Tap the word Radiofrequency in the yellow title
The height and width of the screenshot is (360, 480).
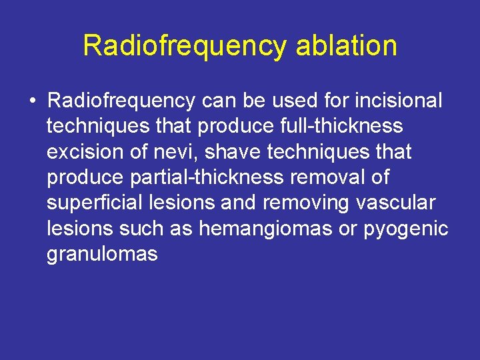[184, 47]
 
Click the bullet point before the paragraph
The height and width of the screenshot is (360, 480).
[32, 101]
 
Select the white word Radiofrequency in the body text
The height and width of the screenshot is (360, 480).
[121, 101]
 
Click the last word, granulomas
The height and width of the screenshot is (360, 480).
[102, 254]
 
